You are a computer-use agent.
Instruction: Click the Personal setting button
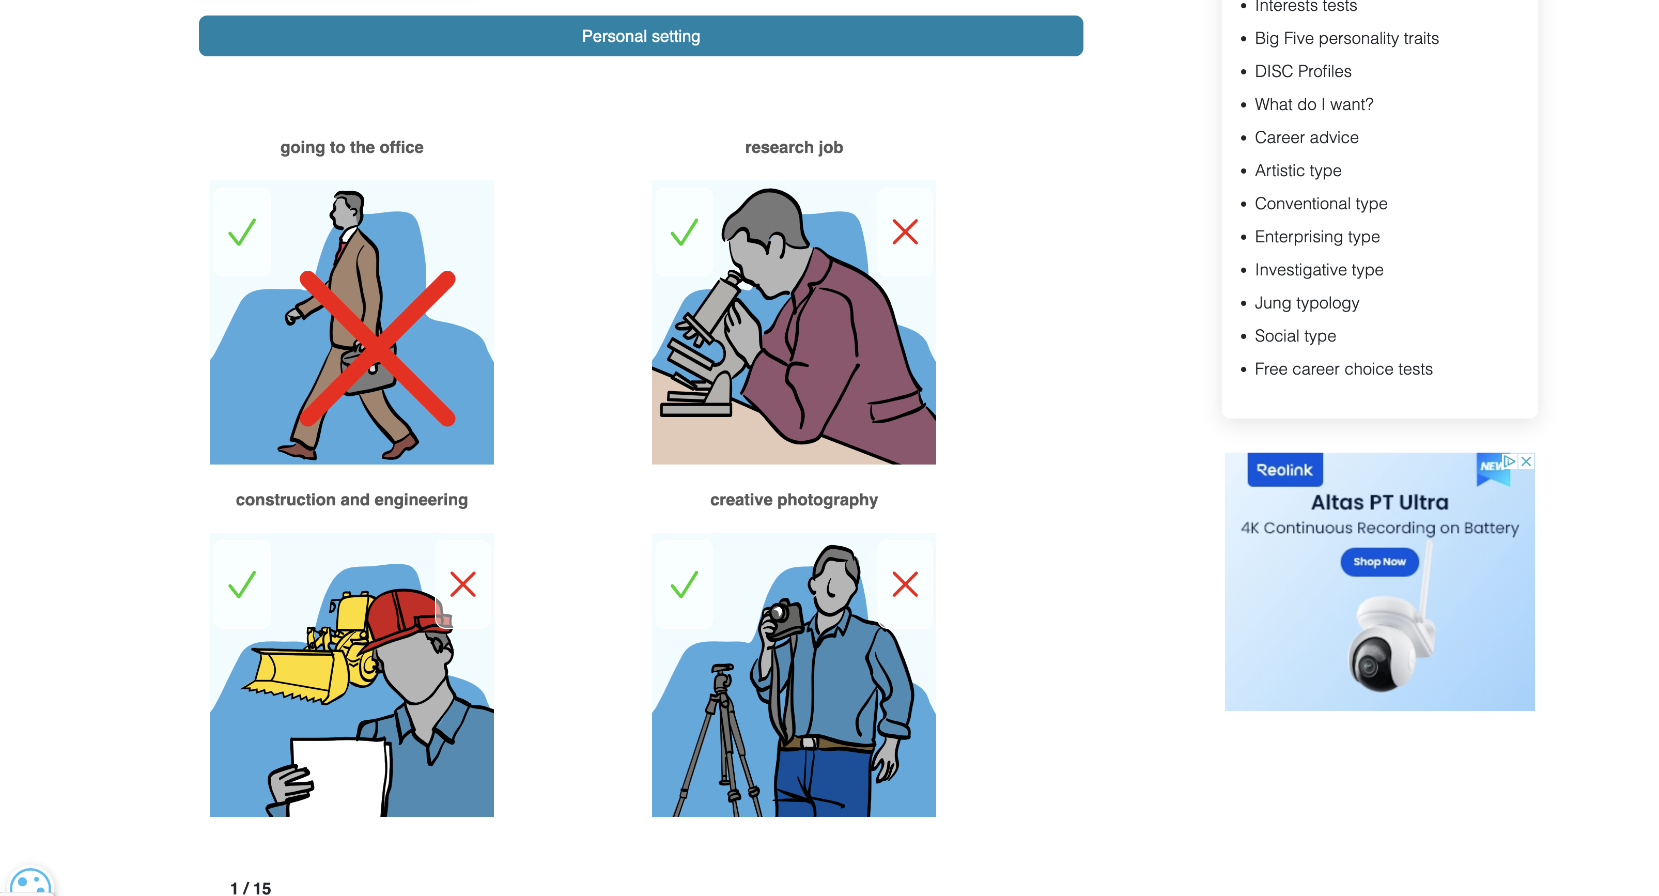pyautogui.click(x=640, y=36)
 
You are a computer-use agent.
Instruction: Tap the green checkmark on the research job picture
pyautogui.click(x=684, y=232)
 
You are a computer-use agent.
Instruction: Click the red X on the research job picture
pyautogui.click(x=904, y=232)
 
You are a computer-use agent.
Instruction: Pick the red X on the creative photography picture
pyautogui.click(x=904, y=584)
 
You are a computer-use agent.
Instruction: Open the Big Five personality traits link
pyautogui.click(x=1346, y=38)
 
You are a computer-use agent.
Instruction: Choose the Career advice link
pyautogui.click(x=1306, y=137)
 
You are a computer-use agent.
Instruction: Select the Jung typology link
pyautogui.click(x=1306, y=303)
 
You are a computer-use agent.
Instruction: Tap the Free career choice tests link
pyautogui.click(x=1343, y=369)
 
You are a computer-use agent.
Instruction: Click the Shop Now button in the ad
pyautogui.click(x=1379, y=562)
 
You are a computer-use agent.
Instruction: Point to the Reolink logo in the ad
pyautogui.click(x=1284, y=470)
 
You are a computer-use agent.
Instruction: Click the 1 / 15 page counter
pyautogui.click(x=251, y=888)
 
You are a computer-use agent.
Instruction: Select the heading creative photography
pyautogui.click(x=794, y=500)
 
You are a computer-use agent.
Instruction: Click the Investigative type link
pyautogui.click(x=1319, y=270)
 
